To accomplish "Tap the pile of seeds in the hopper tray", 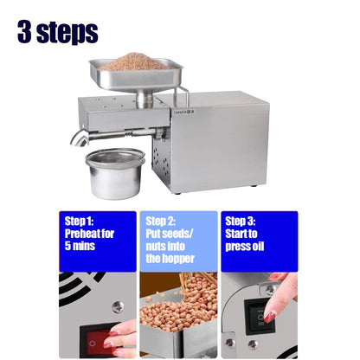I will [132, 61].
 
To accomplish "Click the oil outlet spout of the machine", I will [80, 136].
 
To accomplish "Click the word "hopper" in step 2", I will [170, 258].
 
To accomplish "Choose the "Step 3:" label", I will [241, 220].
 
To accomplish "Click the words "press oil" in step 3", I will [247, 245].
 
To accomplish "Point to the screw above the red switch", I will [117, 307].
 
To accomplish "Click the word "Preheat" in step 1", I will [86, 232].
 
